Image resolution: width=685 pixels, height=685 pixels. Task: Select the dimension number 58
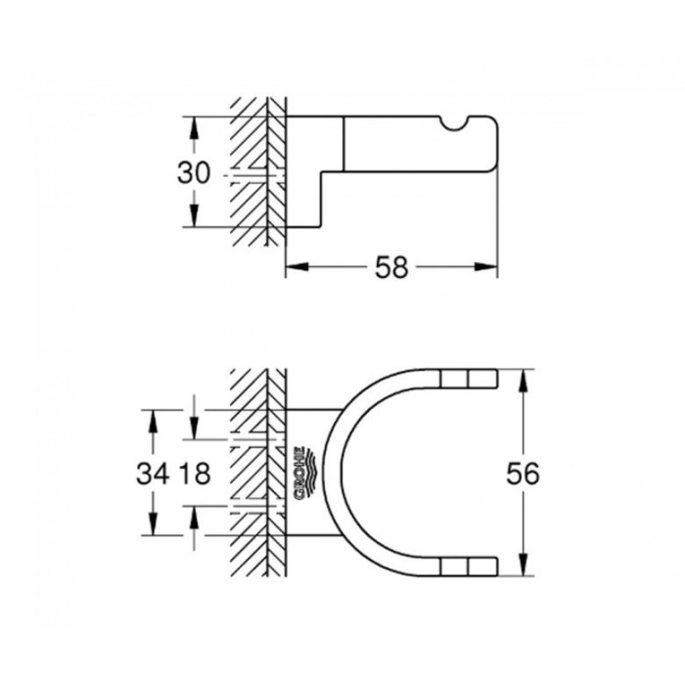click(390, 267)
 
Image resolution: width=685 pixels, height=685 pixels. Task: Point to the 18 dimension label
click(196, 474)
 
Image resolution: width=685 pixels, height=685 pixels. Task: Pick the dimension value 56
click(525, 474)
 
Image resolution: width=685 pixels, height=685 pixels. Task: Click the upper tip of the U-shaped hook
click(470, 378)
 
